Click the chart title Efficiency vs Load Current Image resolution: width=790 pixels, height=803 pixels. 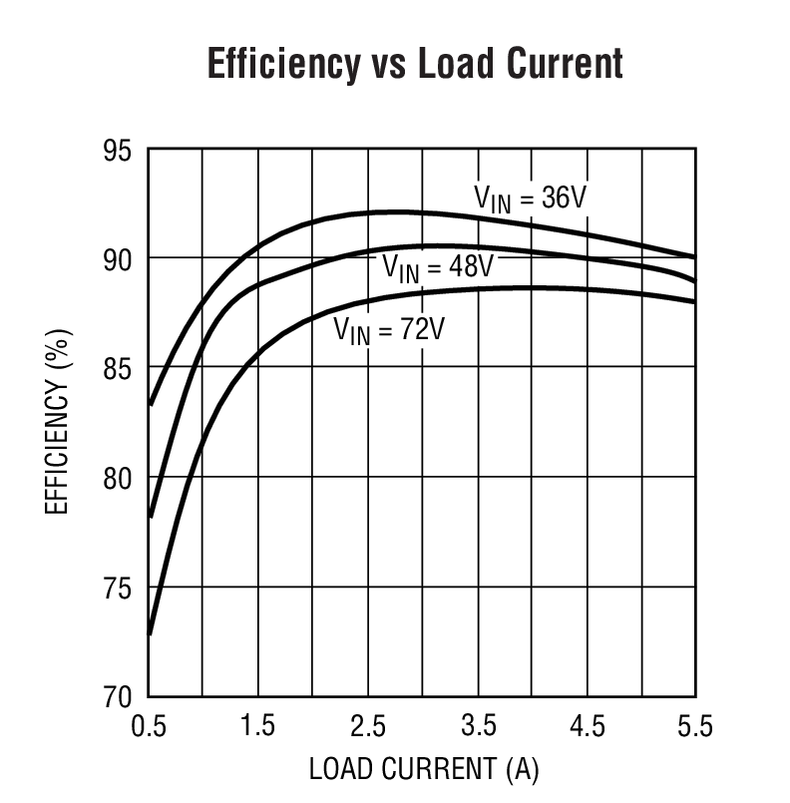click(x=414, y=63)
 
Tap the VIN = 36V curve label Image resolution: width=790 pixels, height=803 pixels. click(x=529, y=199)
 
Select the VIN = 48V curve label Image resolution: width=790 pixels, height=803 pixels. click(x=438, y=267)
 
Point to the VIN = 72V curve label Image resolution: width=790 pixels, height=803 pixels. click(x=388, y=328)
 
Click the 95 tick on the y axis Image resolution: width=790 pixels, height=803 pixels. click(x=116, y=151)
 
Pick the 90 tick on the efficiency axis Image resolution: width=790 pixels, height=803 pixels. click(x=116, y=259)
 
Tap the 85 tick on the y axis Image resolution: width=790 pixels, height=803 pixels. click(x=116, y=369)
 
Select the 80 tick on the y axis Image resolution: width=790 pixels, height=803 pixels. click(x=116, y=479)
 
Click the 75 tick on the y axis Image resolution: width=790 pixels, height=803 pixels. click(x=116, y=588)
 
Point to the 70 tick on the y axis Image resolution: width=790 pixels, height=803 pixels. click(x=116, y=696)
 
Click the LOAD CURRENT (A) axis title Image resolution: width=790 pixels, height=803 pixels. click(x=423, y=769)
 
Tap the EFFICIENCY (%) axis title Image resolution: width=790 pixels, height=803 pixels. click(x=58, y=423)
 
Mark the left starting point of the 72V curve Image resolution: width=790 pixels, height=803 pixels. click(x=150, y=633)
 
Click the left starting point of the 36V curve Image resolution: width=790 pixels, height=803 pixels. click(x=150, y=405)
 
